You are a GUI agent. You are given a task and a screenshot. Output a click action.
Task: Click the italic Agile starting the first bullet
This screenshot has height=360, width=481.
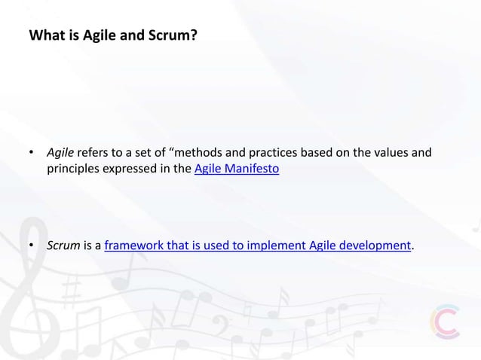pyautogui.click(x=60, y=154)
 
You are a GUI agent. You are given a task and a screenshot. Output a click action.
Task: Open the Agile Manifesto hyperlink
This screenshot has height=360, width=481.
pyautogui.click(x=237, y=169)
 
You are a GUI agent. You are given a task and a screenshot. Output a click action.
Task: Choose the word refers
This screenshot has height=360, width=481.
pyautogui.click(x=94, y=154)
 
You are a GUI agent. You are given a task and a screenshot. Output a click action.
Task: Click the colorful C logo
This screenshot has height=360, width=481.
pyautogui.click(x=444, y=322)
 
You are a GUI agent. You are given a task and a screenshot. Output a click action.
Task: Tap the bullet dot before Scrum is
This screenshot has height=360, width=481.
pyautogui.click(x=32, y=246)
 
